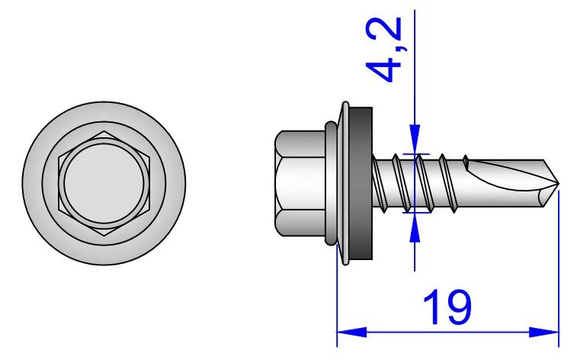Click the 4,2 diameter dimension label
(x=384, y=50)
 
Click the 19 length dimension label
(x=447, y=307)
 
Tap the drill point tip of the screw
(x=559, y=183)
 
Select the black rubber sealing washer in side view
(x=361, y=183)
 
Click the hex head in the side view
(x=300, y=183)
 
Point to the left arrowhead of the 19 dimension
(x=351, y=333)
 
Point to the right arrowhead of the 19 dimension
(x=544, y=333)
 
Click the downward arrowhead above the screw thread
(x=415, y=139)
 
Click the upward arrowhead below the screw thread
(x=415, y=227)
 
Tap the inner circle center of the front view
(x=104, y=183)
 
